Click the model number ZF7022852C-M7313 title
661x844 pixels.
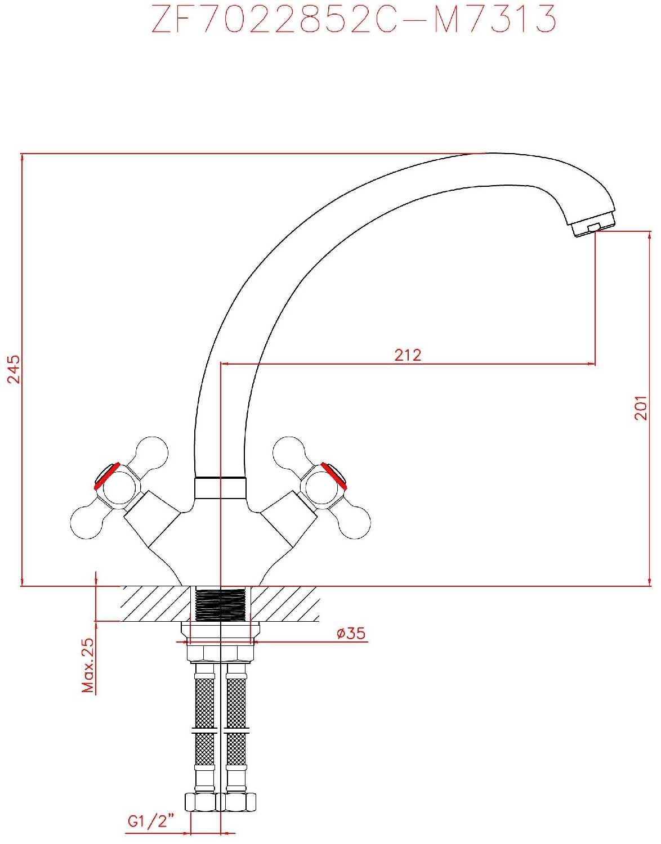pyautogui.click(x=354, y=19)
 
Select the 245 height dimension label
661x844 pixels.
pyautogui.click(x=14, y=369)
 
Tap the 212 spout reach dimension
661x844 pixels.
pyautogui.click(x=408, y=355)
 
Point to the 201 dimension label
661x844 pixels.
pyautogui.click(x=641, y=408)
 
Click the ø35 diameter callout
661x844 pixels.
pyautogui.click(x=351, y=634)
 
